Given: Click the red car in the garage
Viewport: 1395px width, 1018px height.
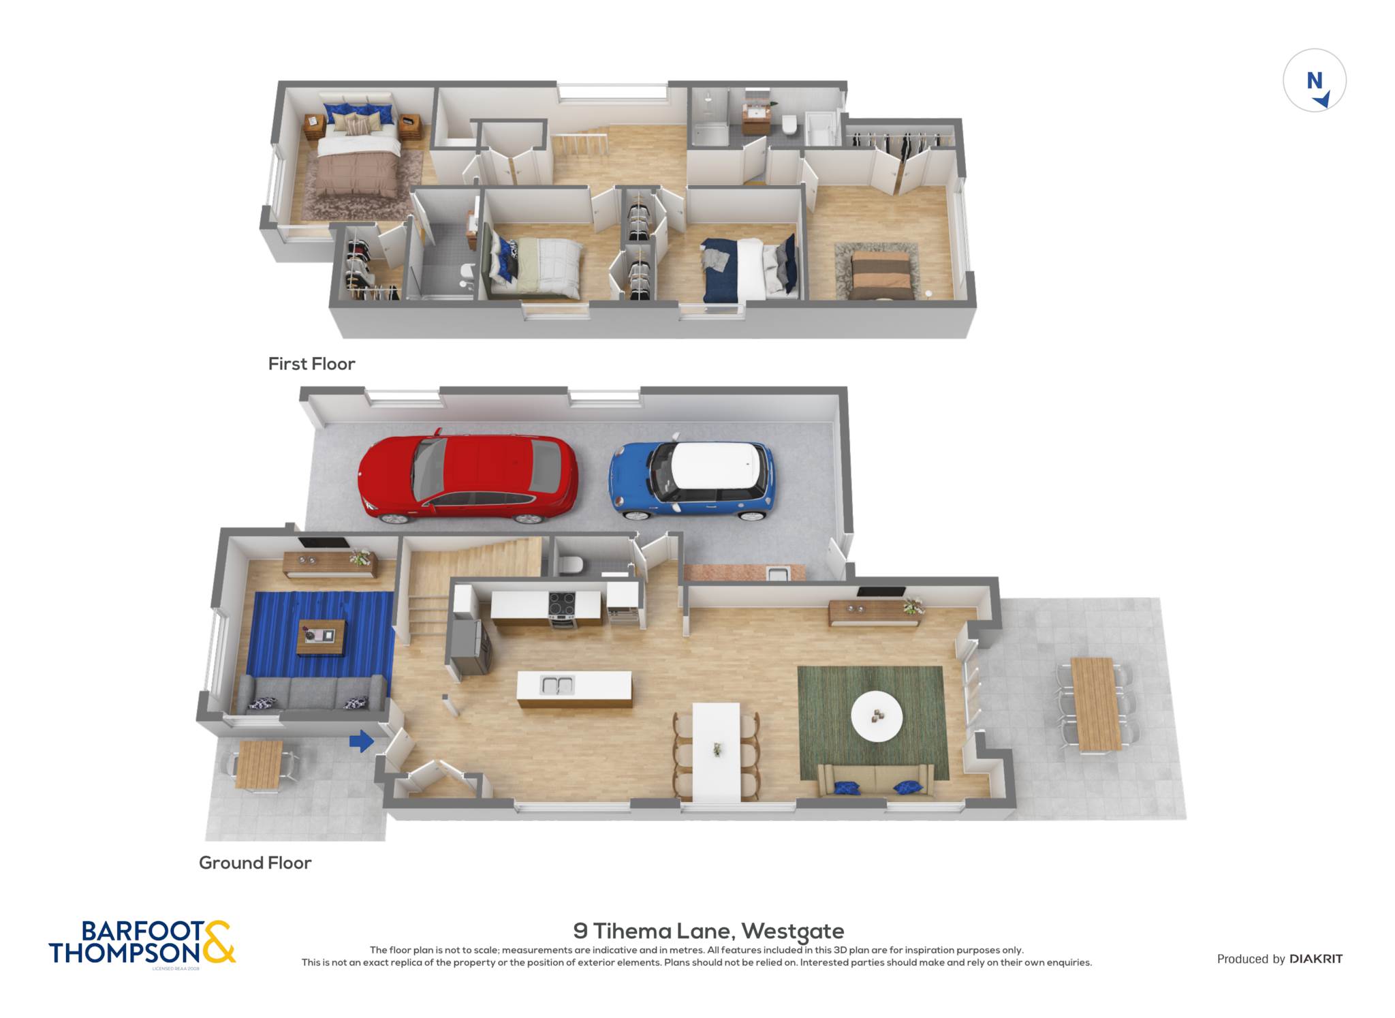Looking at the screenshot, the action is pyautogui.click(x=468, y=476).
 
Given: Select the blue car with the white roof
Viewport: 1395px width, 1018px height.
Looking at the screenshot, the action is pyautogui.click(x=691, y=478).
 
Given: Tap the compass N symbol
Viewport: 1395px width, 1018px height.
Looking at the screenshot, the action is pyautogui.click(x=1315, y=80).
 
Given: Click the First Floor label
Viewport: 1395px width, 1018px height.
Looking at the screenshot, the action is pyautogui.click(x=311, y=364).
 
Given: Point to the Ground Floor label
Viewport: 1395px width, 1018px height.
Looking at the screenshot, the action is pyautogui.click(x=255, y=863).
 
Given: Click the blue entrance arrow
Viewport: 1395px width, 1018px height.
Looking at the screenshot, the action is pyautogui.click(x=362, y=741).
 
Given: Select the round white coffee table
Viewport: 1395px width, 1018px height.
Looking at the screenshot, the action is pyautogui.click(x=877, y=716).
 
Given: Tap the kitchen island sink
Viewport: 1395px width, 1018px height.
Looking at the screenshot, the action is pyautogui.click(x=557, y=685).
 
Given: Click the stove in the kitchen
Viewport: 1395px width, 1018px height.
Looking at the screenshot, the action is pyautogui.click(x=563, y=608).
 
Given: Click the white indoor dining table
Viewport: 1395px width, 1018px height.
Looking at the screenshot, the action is pyautogui.click(x=716, y=752).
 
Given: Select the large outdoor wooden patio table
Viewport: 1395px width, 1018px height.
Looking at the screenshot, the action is pyautogui.click(x=1096, y=704).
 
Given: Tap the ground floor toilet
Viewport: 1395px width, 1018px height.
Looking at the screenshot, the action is pyautogui.click(x=570, y=564).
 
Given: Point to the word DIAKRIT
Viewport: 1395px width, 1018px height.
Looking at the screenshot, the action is pyautogui.click(x=1316, y=959).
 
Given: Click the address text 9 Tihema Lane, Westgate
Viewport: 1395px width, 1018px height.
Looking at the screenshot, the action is pyautogui.click(x=708, y=931).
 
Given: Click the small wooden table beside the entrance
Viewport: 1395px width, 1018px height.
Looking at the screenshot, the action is pyautogui.click(x=259, y=765).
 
